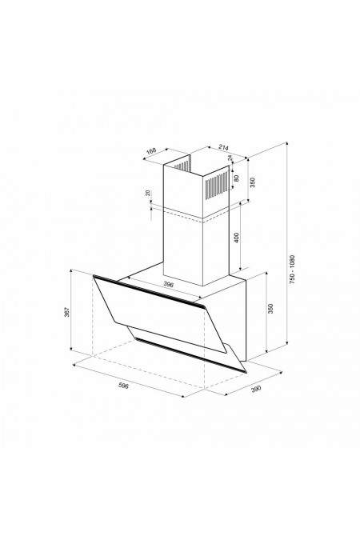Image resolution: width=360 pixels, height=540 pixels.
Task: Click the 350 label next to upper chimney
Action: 252,182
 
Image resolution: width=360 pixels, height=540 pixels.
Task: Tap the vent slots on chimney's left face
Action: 182,170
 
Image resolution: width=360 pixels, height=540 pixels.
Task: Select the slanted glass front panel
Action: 160,320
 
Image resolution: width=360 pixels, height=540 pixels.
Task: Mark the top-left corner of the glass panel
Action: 94,276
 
